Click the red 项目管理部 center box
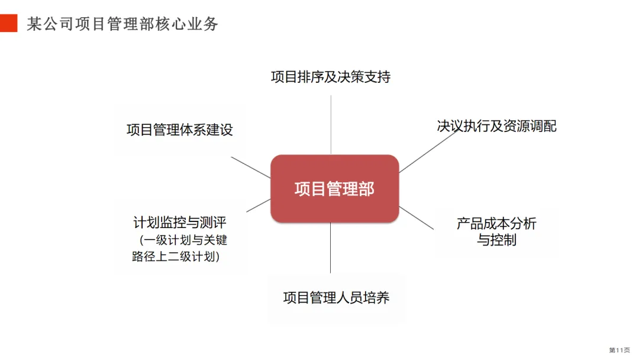(x=334, y=189)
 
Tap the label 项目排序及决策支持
(x=331, y=77)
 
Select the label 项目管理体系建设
(x=180, y=130)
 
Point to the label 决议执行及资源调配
(x=496, y=126)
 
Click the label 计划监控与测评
(x=180, y=223)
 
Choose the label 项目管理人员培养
(x=336, y=298)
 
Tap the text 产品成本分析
(x=496, y=223)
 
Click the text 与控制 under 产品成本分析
(x=496, y=240)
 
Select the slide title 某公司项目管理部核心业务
(x=122, y=24)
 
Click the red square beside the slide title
(x=8, y=23)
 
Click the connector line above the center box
(x=331, y=124)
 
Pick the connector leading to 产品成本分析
(x=417, y=217)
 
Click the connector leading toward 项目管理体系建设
(x=250, y=167)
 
